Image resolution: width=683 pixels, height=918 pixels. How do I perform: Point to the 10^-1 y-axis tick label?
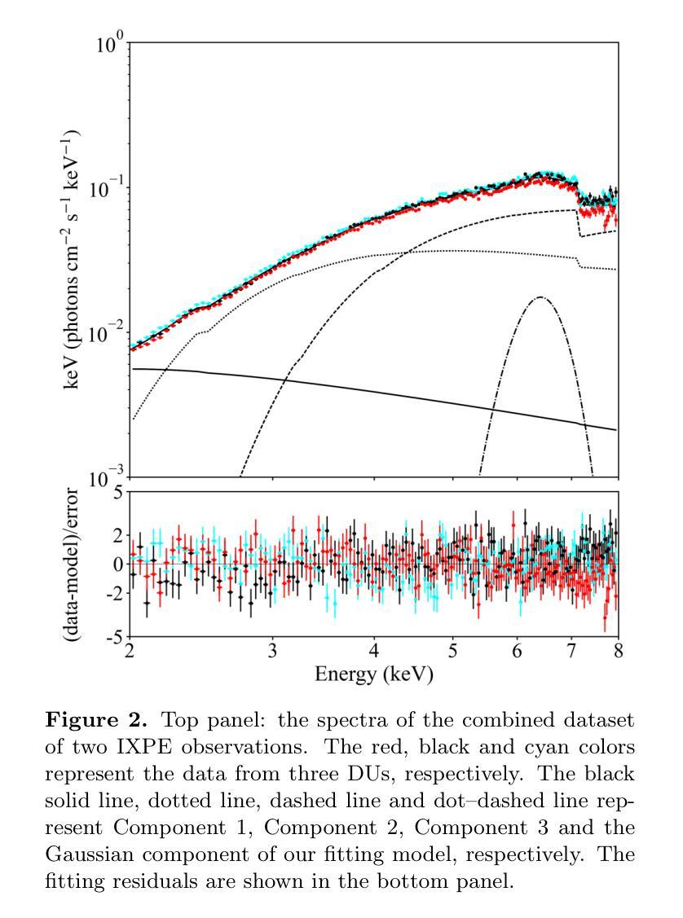[x=109, y=189]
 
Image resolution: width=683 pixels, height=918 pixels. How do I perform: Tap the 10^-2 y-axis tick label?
[x=109, y=334]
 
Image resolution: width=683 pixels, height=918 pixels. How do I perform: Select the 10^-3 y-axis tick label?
[x=109, y=479]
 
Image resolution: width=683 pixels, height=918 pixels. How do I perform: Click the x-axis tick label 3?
[x=273, y=652]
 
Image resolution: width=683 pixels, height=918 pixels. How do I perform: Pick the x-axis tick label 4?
[x=374, y=652]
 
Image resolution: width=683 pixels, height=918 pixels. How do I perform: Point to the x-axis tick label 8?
[x=618, y=652]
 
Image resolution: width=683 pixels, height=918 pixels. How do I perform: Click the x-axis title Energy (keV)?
[x=374, y=675]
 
